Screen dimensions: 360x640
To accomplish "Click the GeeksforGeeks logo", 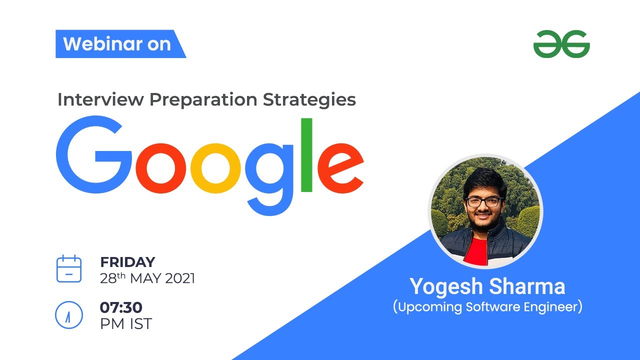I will tap(561, 44).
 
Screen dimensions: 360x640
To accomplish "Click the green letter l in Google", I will tap(306, 155).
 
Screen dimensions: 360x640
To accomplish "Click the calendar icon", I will tap(68, 269).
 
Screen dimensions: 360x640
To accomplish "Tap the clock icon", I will tap(68, 315).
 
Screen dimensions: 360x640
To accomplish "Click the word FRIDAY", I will tap(127, 262).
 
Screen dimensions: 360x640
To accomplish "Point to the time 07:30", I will tap(121, 307).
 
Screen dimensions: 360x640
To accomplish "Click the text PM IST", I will tap(126, 323).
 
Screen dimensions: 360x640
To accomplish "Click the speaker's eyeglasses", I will tap(483, 202).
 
